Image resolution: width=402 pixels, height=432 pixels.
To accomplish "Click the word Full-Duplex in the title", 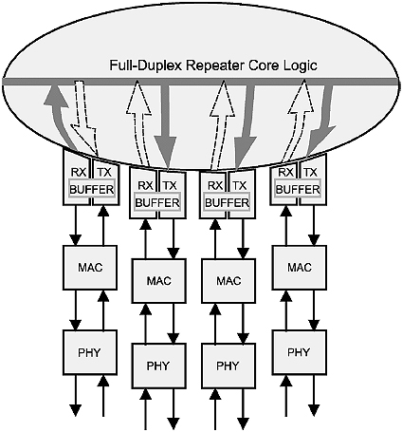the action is coord(146,66).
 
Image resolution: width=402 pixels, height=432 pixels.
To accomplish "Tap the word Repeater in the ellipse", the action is coord(215,66).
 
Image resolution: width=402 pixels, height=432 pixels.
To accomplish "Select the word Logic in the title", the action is coord(300,66).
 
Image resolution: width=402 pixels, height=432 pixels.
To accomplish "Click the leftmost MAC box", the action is coord(90,268).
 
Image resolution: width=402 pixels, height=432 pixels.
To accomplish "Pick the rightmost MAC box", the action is coord(300,268).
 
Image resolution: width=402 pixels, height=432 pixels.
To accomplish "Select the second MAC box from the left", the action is coord(159,281).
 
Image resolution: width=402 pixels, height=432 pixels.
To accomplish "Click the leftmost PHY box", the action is coord(90,352).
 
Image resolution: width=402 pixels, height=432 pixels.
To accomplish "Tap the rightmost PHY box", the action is coord(300,352).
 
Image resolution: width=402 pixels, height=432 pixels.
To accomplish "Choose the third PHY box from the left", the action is coord(228,366).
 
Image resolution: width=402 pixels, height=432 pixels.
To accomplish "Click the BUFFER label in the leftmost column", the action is coord(92,190).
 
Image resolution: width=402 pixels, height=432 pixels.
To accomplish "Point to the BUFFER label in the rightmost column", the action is coord(298,190).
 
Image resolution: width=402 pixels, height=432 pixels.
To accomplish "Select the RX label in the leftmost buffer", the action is coord(79,173).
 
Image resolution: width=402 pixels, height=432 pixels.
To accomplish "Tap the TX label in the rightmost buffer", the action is coord(310,173).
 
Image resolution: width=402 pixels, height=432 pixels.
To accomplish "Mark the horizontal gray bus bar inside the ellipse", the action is coord(200,82).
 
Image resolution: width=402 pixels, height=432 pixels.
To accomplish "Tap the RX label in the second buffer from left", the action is coord(145,185).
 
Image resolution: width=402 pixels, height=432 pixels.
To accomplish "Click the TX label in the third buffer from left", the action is coord(239,185).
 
